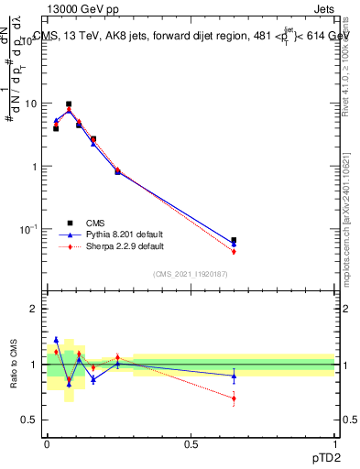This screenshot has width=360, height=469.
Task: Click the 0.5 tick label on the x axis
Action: pos(191,444)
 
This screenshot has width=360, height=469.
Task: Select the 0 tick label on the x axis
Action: pos(47,444)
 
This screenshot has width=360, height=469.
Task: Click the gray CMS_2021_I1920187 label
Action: pos(191,273)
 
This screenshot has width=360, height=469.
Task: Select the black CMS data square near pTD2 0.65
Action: pos(234,240)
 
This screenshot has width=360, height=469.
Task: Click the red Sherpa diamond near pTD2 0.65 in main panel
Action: pos(234,251)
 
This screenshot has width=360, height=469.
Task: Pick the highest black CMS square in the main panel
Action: pos(69,104)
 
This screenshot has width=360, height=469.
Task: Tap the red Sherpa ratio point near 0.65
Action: pos(234,398)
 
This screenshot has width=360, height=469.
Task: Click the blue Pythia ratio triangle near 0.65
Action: pos(234,376)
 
